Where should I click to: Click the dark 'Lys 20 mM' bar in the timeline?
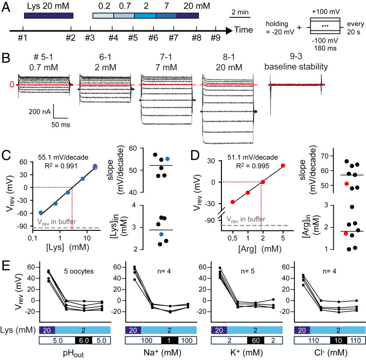[49, 16]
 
